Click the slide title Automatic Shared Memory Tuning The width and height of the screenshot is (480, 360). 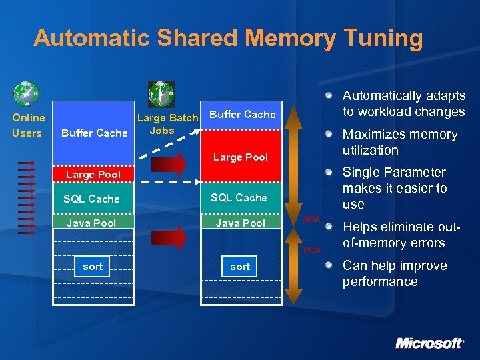tap(228, 38)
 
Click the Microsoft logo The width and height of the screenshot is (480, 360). tap(429, 343)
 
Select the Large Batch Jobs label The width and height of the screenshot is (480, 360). tap(167, 124)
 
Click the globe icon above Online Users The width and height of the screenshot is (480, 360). tap(27, 92)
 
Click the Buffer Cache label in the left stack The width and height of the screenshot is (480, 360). tap(94, 133)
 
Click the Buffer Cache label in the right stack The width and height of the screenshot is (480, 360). tap(242, 114)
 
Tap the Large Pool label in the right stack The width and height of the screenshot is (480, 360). tap(240, 157)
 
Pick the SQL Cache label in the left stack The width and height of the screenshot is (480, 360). tap(91, 199)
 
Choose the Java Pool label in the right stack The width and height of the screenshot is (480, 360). tap(240, 223)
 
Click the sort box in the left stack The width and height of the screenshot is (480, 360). tap(93, 267)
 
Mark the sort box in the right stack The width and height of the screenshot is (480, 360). tap(240, 267)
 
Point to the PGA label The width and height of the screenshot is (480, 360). tap(311, 250)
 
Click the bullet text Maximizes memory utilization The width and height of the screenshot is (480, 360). tap(400, 142)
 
